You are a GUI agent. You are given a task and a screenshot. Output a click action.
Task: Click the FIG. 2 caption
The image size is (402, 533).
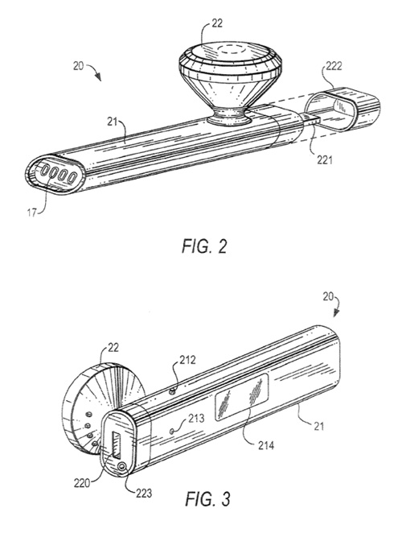[204, 246]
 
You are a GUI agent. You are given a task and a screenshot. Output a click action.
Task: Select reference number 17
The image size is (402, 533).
[31, 213]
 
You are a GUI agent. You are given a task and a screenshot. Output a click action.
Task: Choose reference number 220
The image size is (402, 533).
[84, 482]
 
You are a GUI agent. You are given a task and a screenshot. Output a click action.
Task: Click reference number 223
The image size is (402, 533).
[144, 493]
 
